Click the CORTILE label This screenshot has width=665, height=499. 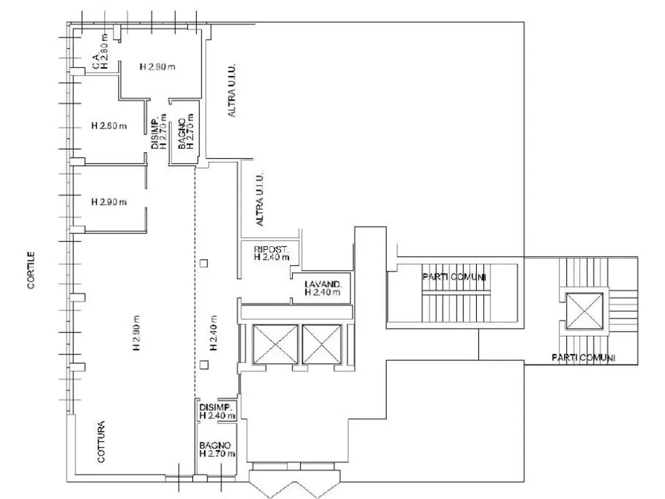pyautogui.click(x=31, y=270)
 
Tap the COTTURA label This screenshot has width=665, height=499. pyautogui.click(x=101, y=441)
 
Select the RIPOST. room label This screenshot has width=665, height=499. pyautogui.click(x=271, y=249)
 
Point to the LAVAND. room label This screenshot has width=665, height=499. pyautogui.click(x=323, y=284)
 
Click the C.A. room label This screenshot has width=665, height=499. pyautogui.click(x=96, y=61)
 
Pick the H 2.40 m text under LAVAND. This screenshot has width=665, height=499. pyautogui.click(x=322, y=292)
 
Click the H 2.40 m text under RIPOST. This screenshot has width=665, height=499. pyautogui.click(x=272, y=257)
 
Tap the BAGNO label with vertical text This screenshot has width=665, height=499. pyautogui.click(x=182, y=133)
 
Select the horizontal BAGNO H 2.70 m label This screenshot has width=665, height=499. pyautogui.click(x=217, y=449)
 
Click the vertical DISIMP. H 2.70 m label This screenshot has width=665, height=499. pyautogui.click(x=159, y=131)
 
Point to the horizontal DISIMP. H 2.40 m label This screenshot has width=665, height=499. pyautogui.click(x=217, y=411)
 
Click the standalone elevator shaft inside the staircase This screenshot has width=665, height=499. pyautogui.click(x=584, y=311)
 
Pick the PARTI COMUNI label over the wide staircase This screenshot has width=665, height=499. pyautogui.click(x=454, y=277)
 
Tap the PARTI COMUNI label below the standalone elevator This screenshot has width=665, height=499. pyautogui.click(x=583, y=358)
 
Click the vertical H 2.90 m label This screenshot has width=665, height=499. pyautogui.click(x=136, y=333)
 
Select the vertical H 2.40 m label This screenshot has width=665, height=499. pyautogui.click(x=214, y=333)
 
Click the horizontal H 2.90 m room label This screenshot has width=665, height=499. pyautogui.click(x=109, y=202)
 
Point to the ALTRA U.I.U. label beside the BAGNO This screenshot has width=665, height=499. pyautogui.click(x=232, y=90)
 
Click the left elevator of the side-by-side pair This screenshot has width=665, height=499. pyautogui.click(x=275, y=344)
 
